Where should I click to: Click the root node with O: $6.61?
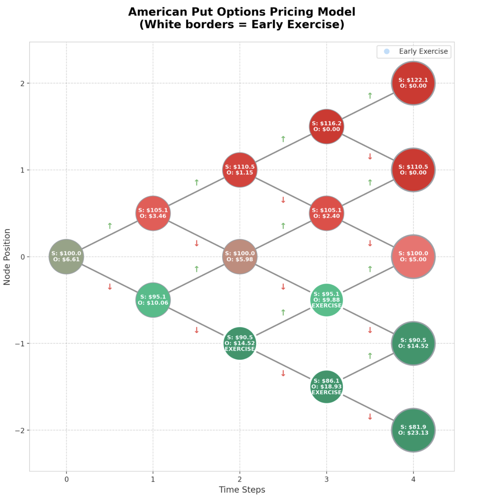click(x=66, y=257)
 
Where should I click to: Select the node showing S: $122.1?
click(x=413, y=83)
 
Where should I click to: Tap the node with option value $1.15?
click(x=240, y=170)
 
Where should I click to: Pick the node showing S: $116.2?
click(x=326, y=127)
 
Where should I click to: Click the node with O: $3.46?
click(x=153, y=213)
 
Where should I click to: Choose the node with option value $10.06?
click(x=153, y=300)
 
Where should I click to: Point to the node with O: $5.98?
click(x=240, y=257)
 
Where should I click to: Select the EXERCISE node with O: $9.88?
click(x=326, y=300)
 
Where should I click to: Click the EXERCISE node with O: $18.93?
click(x=326, y=387)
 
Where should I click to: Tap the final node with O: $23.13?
click(x=413, y=430)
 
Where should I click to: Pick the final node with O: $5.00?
click(x=413, y=257)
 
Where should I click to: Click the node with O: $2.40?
click(x=326, y=213)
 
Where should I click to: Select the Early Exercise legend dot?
click(x=386, y=51)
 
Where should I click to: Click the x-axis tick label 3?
click(x=326, y=479)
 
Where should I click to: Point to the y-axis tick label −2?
click(x=20, y=430)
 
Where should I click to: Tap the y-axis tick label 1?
click(x=22, y=170)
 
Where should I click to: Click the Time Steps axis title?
click(x=242, y=490)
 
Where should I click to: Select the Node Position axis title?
click(x=7, y=257)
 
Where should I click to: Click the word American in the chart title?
click(x=158, y=12)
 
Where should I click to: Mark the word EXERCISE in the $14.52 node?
click(x=240, y=349)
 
